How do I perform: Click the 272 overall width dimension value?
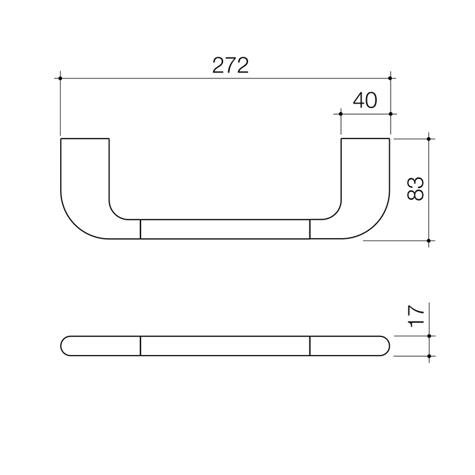[x=230, y=65]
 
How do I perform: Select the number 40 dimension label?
[x=365, y=100]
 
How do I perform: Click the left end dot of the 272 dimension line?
[x=60, y=79]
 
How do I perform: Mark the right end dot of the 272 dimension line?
[x=391, y=79]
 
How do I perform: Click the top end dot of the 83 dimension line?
[x=429, y=139]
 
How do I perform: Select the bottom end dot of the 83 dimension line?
[x=429, y=241]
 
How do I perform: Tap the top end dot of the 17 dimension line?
[x=429, y=336]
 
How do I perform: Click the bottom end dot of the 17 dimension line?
[x=429, y=356]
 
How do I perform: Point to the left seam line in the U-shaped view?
[x=141, y=228]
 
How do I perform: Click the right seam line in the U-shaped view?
[x=309, y=228]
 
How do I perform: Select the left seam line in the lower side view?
[x=141, y=346]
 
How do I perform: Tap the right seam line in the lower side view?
[x=309, y=346]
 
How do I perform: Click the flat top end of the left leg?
[x=84, y=139]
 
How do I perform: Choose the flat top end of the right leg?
[x=365, y=139]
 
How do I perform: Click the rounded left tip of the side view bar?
[x=62, y=346]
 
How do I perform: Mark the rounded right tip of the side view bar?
[x=389, y=346]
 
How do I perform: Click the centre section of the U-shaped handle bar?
[x=225, y=228]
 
